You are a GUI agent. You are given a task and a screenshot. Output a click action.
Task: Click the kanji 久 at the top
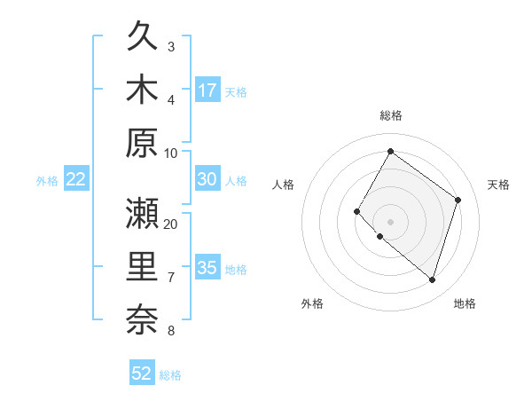[x=142, y=37]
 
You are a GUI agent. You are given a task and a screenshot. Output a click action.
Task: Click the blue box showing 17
[x=207, y=90]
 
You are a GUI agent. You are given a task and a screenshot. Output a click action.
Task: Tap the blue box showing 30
[x=207, y=178]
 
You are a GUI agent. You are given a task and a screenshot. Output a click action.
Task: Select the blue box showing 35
[x=207, y=268]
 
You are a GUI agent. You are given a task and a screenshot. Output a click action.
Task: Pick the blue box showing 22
[x=76, y=179]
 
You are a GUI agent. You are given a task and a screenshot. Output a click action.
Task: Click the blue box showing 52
[x=142, y=374]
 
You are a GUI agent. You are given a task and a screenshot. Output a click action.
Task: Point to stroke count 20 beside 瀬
[x=171, y=224]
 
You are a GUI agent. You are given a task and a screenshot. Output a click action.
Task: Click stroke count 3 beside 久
[x=171, y=46]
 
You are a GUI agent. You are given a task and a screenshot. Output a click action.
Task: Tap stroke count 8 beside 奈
[x=171, y=331]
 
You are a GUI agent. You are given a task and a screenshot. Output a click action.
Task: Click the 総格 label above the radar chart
[x=390, y=115]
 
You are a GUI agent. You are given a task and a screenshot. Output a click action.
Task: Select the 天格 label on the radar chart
[x=498, y=185]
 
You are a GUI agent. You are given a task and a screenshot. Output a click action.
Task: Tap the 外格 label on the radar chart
[x=312, y=303]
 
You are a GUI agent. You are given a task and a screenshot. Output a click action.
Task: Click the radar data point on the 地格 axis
[x=432, y=280]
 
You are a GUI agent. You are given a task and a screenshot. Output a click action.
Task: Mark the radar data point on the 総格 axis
[x=390, y=152]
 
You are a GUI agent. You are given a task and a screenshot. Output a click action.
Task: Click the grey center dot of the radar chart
[x=390, y=221]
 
